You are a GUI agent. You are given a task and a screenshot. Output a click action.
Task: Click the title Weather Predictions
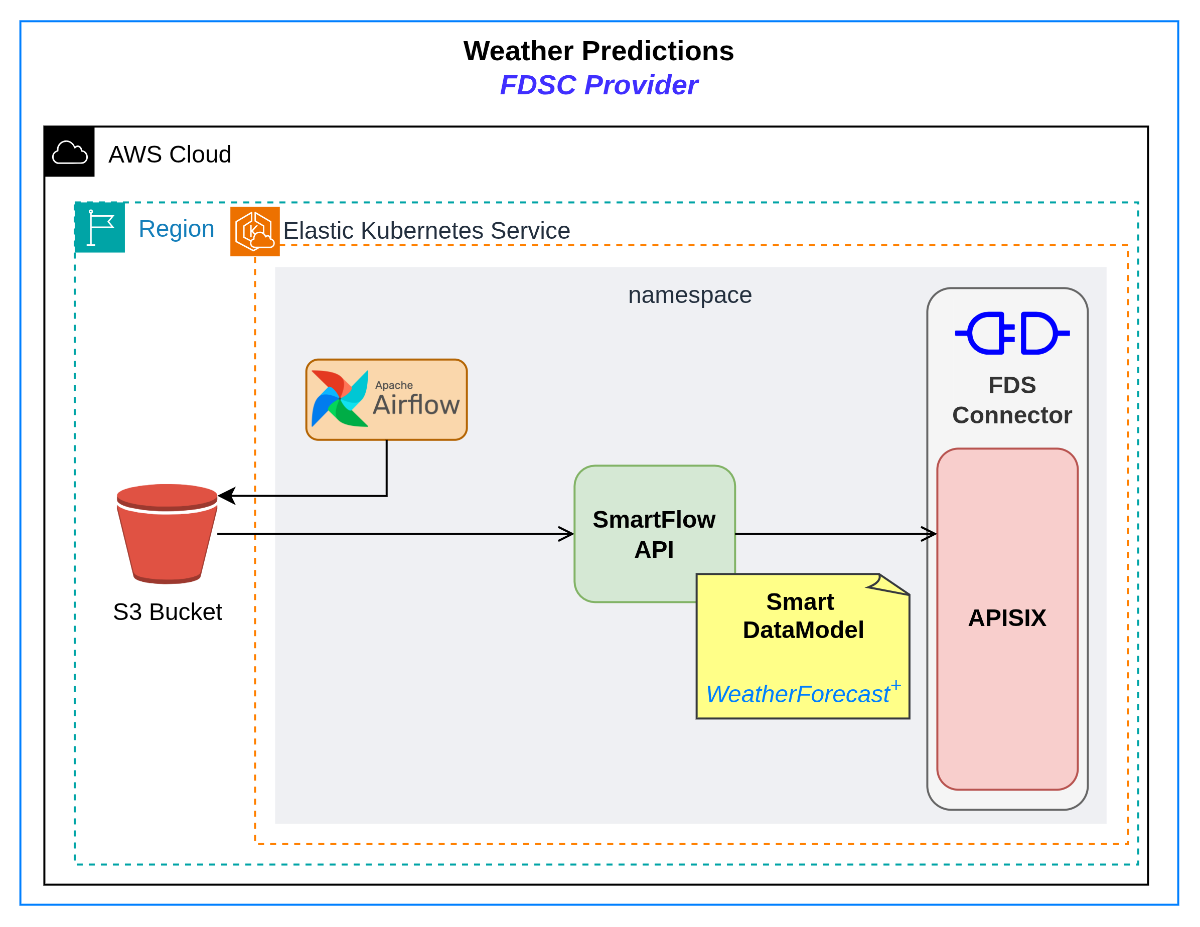click(598, 51)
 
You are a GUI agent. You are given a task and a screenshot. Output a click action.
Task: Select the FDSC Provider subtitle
click(598, 85)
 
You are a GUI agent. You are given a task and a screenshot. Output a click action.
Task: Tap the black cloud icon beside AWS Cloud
click(70, 152)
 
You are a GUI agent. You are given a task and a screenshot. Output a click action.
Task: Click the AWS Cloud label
click(170, 154)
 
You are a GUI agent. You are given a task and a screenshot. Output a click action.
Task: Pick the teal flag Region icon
click(100, 228)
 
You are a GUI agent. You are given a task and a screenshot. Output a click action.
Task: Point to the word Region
click(177, 229)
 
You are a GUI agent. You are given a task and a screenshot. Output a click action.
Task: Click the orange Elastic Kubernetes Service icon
click(255, 231)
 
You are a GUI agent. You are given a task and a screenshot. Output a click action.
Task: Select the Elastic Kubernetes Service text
click(426, 231)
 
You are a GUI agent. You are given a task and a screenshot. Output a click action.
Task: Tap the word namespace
click(690, 295)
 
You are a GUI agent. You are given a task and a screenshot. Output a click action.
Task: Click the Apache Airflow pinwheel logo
click(340, 399)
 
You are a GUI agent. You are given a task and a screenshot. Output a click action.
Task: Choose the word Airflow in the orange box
click(416, 405)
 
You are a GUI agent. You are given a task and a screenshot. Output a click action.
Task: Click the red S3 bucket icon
click(167, 533)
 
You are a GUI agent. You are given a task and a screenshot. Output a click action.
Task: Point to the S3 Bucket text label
click(167, 611)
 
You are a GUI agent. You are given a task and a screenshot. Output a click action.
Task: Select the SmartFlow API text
click(654, 534)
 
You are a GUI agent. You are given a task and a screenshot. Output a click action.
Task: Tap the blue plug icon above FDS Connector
click(1012, 333)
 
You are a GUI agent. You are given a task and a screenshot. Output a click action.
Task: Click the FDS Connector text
click(1011, 400)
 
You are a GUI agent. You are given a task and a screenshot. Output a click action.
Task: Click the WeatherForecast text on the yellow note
click(797, 694)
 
